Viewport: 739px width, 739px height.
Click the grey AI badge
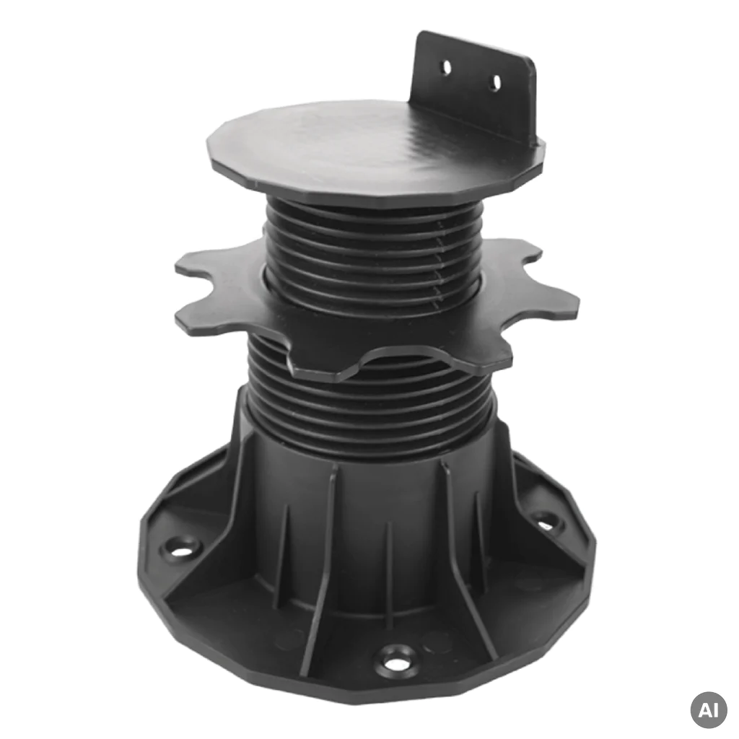coord(709,710)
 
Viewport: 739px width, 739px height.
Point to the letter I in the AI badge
coord(716,710)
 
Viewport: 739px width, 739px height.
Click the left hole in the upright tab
coord(446,67)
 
